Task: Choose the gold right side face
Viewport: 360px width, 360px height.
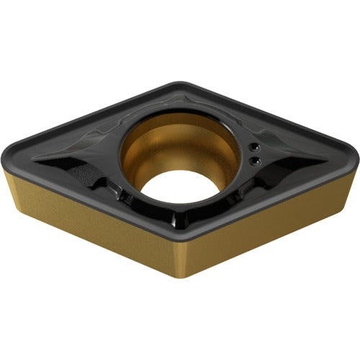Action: [x=274, y=216]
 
